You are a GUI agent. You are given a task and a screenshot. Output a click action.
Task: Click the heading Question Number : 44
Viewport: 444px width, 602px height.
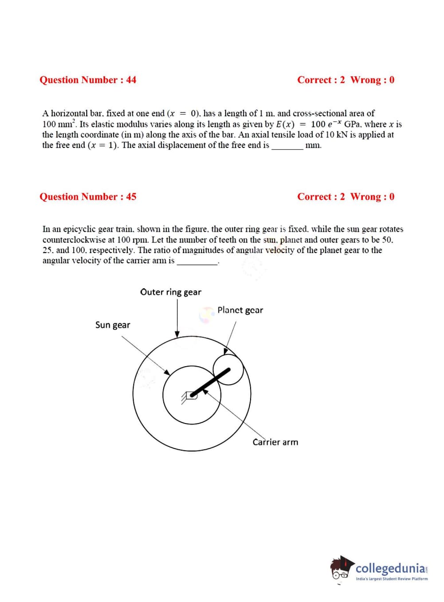tap(88, 80)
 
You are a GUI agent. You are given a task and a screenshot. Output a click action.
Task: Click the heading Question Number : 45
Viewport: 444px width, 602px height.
tap(88, 197)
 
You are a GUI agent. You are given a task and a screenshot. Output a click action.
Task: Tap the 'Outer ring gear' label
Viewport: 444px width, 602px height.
tap(171, 292)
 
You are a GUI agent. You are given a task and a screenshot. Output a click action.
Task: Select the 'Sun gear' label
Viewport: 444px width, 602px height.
tap(113, 325)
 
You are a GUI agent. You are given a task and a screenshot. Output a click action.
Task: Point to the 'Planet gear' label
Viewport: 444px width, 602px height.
tap(240, 310)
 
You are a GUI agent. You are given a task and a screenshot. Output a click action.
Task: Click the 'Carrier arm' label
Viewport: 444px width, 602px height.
tap(275, 442)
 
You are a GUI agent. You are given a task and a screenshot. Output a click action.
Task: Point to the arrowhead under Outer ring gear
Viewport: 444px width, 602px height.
tap(177, 334)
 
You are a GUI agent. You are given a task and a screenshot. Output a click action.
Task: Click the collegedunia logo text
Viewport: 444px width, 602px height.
tap(390, 568)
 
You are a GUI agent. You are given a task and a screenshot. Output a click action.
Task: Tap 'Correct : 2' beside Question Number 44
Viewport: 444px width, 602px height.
tap(321, 80)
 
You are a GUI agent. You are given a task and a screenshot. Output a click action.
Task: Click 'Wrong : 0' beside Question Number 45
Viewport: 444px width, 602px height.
tap(372, 197)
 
